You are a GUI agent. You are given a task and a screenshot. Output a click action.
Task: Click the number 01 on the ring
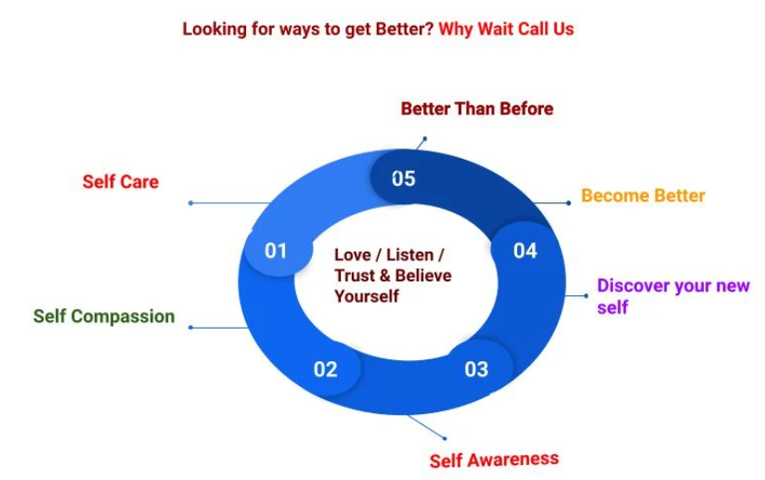276,251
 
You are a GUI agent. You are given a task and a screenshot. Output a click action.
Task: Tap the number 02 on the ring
325,370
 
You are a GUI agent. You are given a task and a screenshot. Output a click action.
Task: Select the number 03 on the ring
475,370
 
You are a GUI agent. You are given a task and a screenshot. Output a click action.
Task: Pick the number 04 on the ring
525,251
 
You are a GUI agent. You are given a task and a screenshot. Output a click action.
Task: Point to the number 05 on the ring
403,178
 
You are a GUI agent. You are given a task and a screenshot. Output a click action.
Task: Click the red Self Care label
121,182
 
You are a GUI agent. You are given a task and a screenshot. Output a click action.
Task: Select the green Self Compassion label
104,317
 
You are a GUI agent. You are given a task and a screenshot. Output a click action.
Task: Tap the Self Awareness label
494,460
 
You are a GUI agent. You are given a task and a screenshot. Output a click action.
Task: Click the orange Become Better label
642,196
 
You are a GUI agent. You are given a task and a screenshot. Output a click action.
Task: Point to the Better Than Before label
476,109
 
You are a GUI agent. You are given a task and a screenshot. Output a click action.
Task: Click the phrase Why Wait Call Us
506,29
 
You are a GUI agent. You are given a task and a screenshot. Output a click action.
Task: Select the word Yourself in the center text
366,296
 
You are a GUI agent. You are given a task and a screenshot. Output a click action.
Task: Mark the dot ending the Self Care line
190,202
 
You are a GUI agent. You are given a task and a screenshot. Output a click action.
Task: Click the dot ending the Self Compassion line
190,327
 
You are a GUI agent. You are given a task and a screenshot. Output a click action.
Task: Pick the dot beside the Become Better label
568,202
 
